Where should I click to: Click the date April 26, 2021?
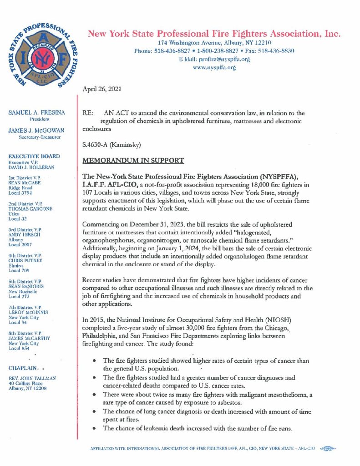click(101, 90)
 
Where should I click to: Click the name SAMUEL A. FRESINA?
click(36, 112)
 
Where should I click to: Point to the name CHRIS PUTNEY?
click(27, 261)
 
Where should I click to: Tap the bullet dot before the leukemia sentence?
click(93, 428)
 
